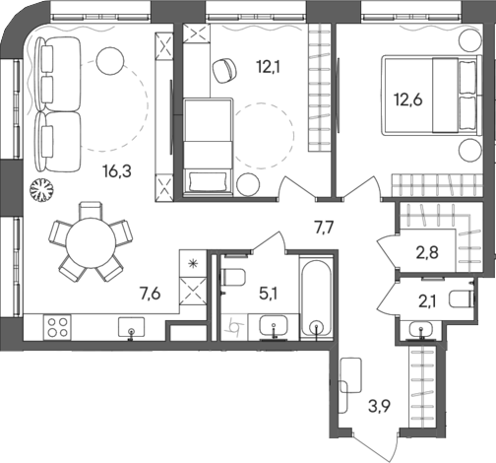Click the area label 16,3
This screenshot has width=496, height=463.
[x=116, y=170]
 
